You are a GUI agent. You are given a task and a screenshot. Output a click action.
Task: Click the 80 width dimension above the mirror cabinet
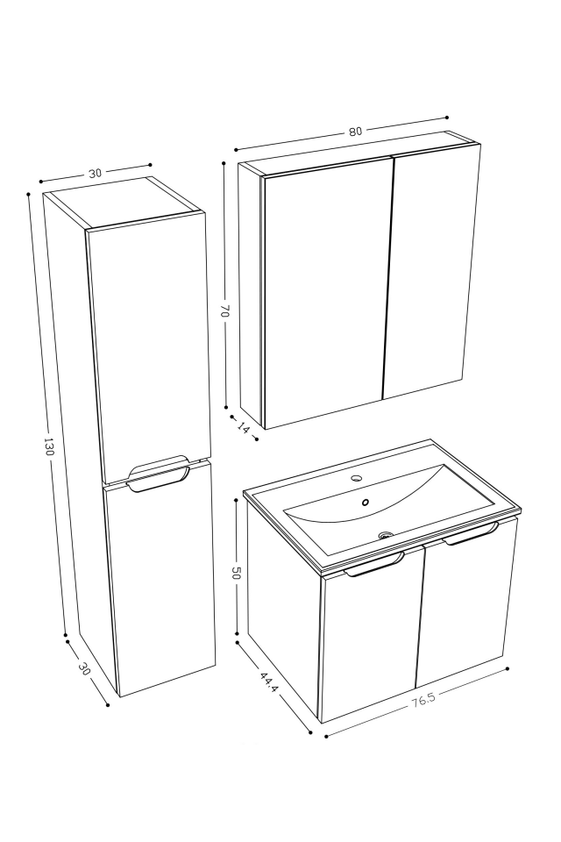[x=355, y=132]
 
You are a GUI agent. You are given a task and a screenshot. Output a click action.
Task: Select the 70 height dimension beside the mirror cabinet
[x=224, y=310]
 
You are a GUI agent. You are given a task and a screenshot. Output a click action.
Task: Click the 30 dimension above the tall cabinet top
[x=95, y=173]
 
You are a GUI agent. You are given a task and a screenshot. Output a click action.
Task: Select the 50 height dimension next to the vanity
[x=236, y=573]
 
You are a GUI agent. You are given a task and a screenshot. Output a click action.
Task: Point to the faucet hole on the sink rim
[x=357, y=479]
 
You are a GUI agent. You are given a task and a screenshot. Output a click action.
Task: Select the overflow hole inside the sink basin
[x=366, y=503]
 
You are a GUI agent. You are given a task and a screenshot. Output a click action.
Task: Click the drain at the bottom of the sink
[x=384, y=534]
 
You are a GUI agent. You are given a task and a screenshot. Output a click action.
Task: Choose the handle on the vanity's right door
[x=471, y=534]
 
